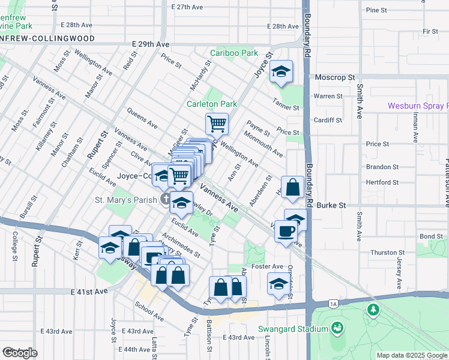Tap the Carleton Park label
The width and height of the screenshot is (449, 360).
pos(211,104)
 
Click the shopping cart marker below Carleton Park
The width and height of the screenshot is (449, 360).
pos(217,124)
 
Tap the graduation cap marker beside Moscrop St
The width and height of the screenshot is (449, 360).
pos(280,72)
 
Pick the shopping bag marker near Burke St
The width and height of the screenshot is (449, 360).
pos(292,187)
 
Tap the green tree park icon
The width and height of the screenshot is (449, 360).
pos(374,310)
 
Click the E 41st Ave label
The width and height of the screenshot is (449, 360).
pos(88,291)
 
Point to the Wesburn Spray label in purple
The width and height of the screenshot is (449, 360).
pos(418,106)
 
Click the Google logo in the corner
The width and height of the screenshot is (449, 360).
pos(19,352)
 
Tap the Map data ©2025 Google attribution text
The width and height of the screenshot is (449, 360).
pos(411,355)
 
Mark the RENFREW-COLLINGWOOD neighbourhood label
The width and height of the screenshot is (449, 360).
pos(47,38)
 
